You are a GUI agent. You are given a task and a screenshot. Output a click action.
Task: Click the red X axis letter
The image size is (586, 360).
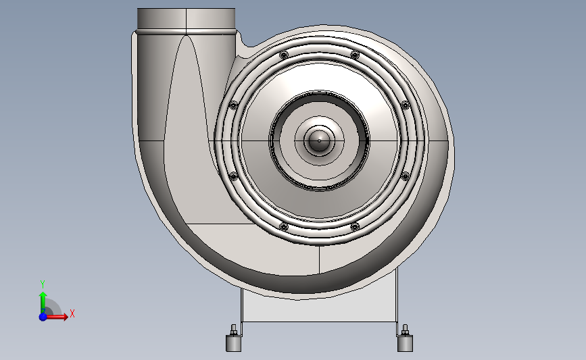(72, 313)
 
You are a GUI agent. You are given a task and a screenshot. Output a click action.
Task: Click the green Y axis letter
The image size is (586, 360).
(43, 284)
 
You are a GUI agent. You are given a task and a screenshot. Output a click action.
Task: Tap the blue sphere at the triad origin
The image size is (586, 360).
(43, 317)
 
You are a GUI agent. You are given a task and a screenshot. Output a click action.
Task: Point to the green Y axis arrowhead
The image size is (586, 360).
(43, 296)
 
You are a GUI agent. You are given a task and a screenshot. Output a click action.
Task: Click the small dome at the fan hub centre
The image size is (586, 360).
(319, 140)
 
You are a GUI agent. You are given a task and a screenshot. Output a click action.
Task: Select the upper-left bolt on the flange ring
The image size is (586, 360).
(284, 55)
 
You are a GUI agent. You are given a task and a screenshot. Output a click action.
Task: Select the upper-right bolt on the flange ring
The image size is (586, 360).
(355, 55)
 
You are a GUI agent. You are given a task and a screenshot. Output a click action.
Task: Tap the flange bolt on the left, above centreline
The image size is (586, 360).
(233, 105)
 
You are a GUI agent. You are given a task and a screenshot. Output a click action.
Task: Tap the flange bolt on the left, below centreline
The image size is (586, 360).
(233, 176)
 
